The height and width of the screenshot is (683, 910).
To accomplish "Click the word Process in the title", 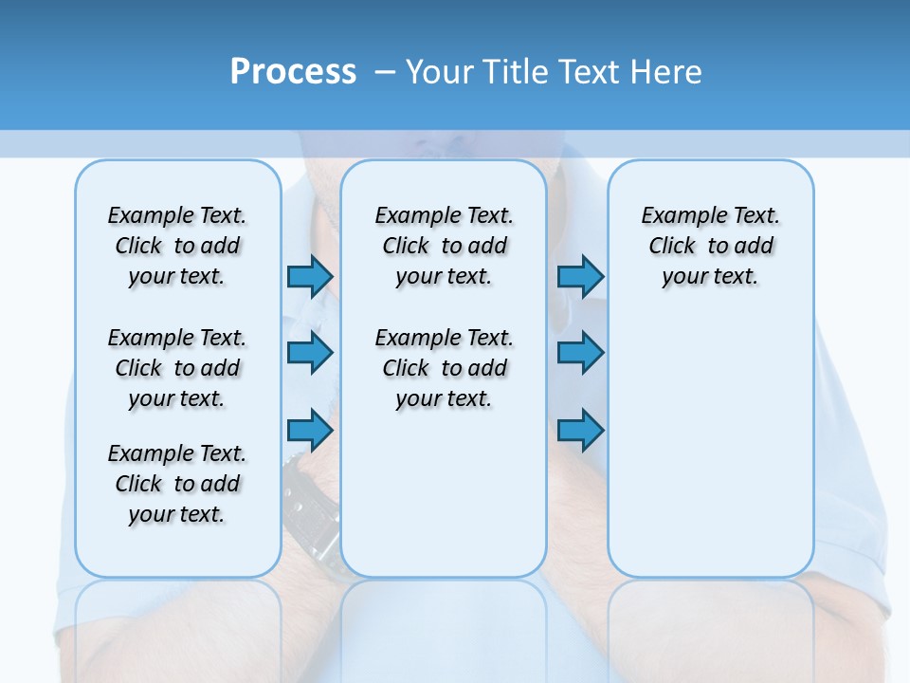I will click(x=293, y=71).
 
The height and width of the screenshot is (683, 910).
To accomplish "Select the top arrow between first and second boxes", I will click(x=309, y=276).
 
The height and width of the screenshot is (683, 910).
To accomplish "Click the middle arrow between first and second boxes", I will click(x=309, y=353).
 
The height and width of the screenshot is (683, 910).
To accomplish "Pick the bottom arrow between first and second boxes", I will click(x=309, y=430).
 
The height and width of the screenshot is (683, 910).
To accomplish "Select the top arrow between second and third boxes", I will click(x=580, y=276).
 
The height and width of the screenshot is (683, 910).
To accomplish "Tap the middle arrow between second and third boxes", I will click(x=580, y=353).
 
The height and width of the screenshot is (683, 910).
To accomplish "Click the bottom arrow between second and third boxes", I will click(x=580, y=430).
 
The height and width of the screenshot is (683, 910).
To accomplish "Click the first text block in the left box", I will click(x=177, y=246).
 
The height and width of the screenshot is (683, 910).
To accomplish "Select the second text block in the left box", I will click(x=177, y=368).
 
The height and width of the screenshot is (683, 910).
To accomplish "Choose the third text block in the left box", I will click(x=177, y=484).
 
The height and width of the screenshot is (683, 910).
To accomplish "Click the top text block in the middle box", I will click(x=444, y=246).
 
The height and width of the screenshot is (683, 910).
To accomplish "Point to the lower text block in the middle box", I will click(x=444, y=368).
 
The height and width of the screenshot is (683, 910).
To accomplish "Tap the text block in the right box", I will click(x=710, y=246).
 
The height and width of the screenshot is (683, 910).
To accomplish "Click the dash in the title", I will click(x=385, y=72).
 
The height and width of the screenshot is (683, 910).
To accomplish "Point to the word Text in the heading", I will click(x=591, y=71).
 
